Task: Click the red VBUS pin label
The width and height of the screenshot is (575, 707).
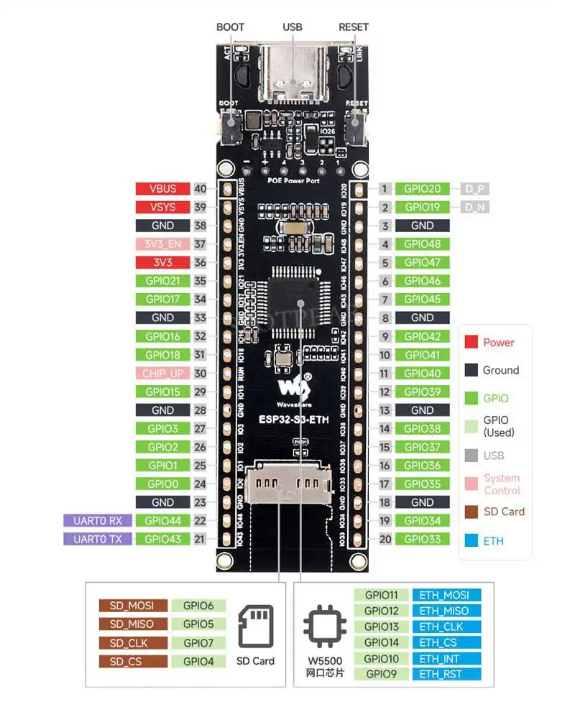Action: click(x=162, y=189)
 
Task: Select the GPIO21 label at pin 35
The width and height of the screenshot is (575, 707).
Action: click(x=162, y=281)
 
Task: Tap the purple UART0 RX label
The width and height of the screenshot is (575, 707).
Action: click(x=98, y=520)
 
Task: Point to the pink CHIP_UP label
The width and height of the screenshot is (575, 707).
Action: click(x=162, y=374)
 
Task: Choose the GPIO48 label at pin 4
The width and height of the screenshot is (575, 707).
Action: click(x=423, y=244)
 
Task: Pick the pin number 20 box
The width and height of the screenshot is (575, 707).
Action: click(x=385, y=539)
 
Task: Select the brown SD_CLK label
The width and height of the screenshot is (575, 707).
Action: click(x=133, y=643)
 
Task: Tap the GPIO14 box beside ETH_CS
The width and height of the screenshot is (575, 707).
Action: click(x=382, y=642)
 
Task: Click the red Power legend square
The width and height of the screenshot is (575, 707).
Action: click(x=471, y=343)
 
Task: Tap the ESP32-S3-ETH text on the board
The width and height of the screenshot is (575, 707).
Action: click(x=295, y=421)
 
